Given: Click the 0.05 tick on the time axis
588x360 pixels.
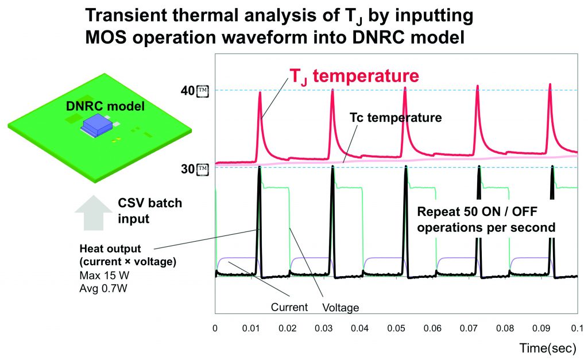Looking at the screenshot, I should pos(396,327).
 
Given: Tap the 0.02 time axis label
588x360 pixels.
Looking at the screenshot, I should pos(287,327).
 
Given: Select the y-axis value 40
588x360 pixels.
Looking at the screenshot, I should pos(187,91).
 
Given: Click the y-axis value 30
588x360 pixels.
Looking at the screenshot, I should pos(187,169).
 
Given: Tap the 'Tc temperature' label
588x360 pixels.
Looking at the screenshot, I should pos(396,118).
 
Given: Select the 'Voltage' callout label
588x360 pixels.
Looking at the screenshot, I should pos(341,308).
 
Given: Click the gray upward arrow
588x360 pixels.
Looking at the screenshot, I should pos(92,213).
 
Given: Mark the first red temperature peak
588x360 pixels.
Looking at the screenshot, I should pos(260,93).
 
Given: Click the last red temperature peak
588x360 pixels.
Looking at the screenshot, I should pos(550,86).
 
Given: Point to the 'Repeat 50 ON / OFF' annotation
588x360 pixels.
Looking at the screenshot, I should pos(486,211).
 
